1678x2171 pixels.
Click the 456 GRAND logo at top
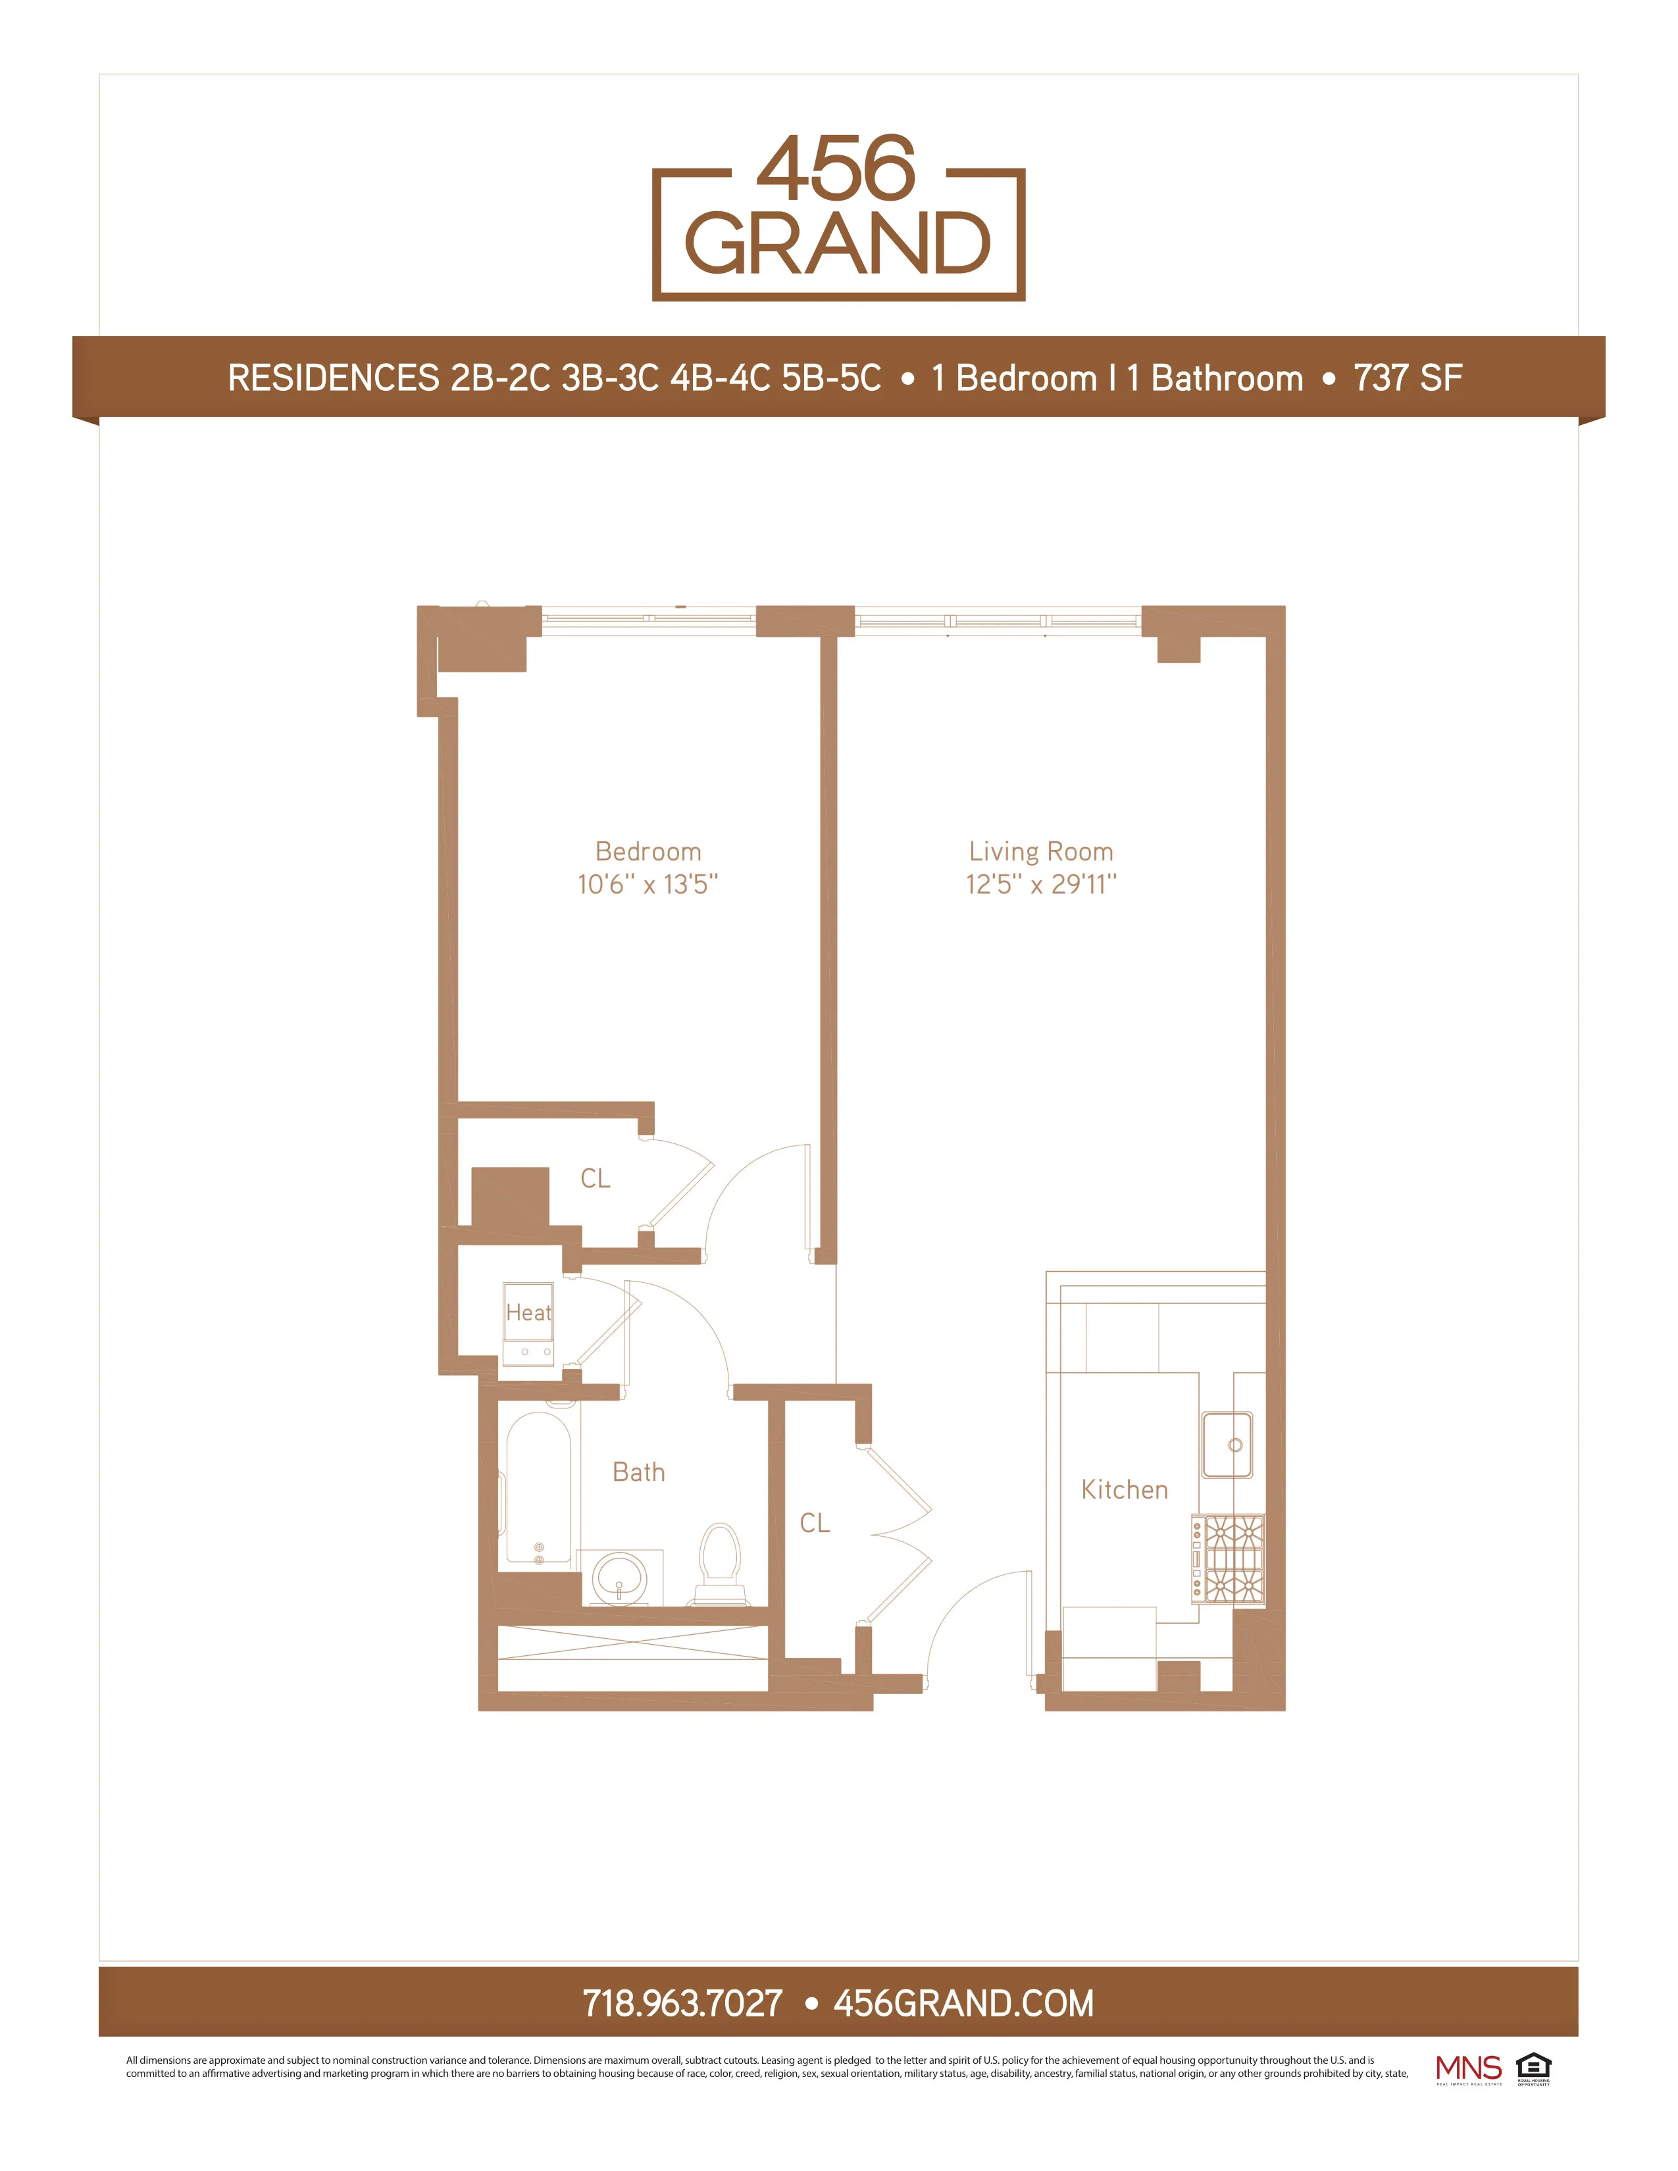pyautogui.click(x=838, y=216)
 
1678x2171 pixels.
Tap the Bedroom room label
pyautogui.click(x=648, y=852)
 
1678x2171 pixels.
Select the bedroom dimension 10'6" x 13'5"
pyautogui.click(x=648, y=885)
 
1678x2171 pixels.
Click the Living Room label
pyautogui.click(x=1041, y=852)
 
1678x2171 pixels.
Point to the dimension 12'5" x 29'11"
pyautogui.click(x=1041, y=885)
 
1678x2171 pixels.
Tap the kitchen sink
pyautogui.click(x=1228, y=1445)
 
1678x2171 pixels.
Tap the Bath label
pyautogui.click(x=638, y=1472)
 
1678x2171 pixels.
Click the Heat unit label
pyautogui.click(x=528, y=1313)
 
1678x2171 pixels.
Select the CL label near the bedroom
pyautogui.click(x=596, y=1179)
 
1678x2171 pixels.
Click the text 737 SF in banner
pyautogui.click(x=1407, y=379)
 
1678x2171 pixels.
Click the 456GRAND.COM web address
pyautogui.click(x=963, y=2003)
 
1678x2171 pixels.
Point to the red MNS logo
pyautogui.click(x=1468, y=2068)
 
